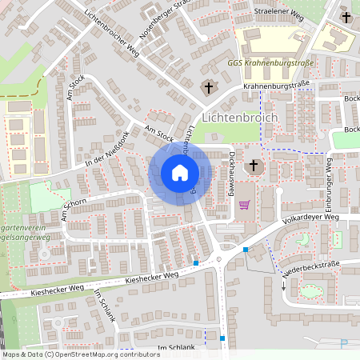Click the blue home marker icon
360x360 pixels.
179,173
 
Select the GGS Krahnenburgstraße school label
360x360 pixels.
270,62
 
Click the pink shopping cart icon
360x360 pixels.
244,205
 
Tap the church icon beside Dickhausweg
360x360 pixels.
254,166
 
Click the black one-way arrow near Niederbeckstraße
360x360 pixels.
283,285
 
